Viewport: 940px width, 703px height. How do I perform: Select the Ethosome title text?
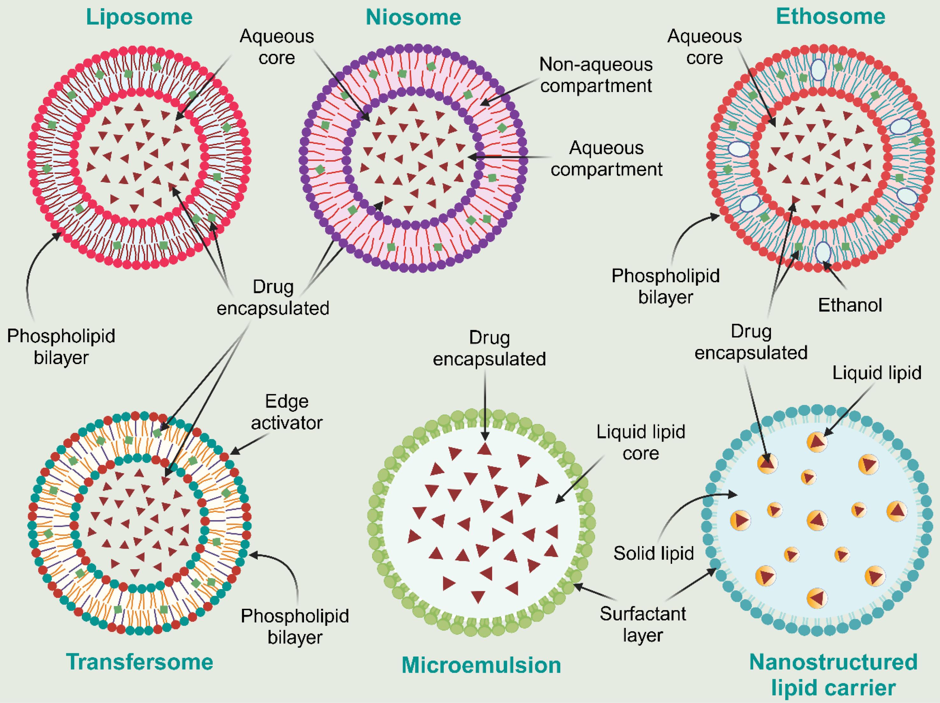coord(830,17)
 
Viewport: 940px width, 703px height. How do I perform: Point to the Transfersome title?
coord(139,662)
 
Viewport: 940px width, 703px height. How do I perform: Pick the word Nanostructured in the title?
coord(833,662)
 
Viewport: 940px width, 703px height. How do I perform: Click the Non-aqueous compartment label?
coord(596,75)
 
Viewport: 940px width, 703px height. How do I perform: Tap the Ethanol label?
coord(850,305)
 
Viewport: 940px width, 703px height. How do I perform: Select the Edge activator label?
coord(286,412)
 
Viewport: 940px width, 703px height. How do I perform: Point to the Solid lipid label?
coord(654,553)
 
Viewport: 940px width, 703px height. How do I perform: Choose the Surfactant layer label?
coord(643,624)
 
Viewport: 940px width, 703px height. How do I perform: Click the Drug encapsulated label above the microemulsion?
coord(489,348)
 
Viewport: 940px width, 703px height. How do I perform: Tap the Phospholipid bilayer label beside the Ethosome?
coord(666,286)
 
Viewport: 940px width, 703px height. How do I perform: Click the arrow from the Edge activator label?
coord(246,444)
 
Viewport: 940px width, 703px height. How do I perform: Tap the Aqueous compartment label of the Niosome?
coord(606,159)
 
